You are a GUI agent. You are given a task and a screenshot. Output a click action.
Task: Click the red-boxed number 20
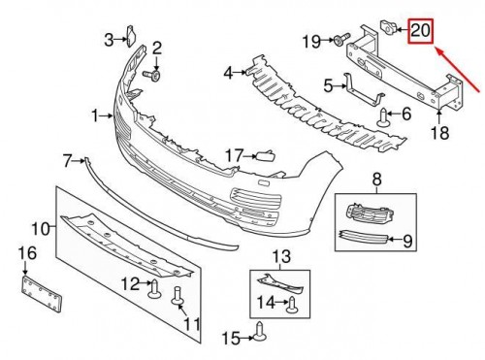(420, 31)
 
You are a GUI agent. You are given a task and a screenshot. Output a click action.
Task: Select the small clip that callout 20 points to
(387, 27)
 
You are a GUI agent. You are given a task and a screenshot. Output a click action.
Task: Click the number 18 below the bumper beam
(440, 133)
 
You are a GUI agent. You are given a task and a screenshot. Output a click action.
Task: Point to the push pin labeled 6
(382, 118)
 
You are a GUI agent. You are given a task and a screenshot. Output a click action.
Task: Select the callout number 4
(228, 74)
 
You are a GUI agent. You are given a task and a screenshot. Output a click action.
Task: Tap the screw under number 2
(152, 76)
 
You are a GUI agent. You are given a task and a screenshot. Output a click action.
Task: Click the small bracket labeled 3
(131, 36)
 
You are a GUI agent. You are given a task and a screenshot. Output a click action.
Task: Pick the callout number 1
(94, 115)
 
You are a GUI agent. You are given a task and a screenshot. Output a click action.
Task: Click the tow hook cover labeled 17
(266, 156)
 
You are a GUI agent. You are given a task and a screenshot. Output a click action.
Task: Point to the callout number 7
(67, 161)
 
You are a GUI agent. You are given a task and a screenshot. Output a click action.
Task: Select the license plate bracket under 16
(42, 293)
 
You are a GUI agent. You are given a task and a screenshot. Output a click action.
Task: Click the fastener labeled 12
(154, 289)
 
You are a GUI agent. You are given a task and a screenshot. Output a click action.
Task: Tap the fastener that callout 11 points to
(178, 296)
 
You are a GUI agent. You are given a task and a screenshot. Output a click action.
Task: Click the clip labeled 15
(259, 332)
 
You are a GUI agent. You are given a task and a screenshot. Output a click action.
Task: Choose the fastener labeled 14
(292, 305)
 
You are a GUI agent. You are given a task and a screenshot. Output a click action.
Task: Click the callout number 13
(281, 256)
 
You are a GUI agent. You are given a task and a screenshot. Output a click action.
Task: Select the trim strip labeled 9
(363, 238)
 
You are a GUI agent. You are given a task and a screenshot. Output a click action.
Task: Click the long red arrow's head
(438, 50)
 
